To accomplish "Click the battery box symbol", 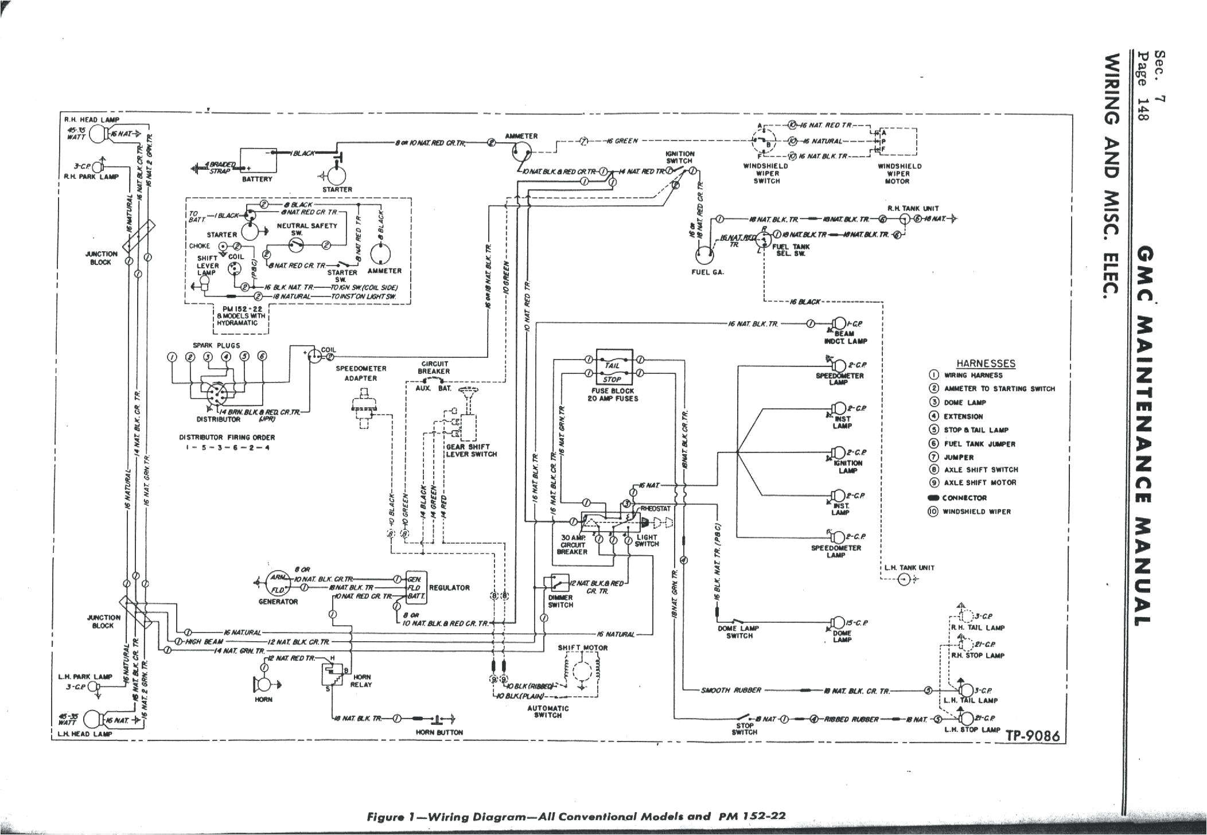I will coord(257,161).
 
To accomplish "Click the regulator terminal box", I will coord(415,588).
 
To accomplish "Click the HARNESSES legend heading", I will coord(986,364).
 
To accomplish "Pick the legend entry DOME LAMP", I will coord(964,403).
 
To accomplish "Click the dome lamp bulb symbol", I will coord(838,623).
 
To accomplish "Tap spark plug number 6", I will coord(262,356).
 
